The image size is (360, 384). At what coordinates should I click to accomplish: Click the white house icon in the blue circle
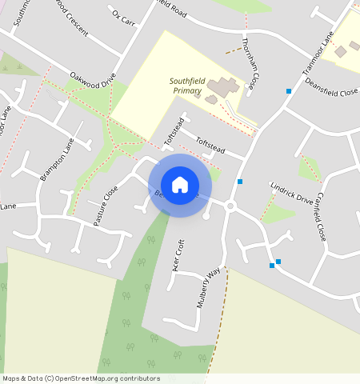180,185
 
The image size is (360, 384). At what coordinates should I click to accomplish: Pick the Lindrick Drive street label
291,196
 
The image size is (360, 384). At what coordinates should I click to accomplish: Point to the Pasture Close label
106,206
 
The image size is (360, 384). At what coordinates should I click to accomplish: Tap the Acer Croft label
179,255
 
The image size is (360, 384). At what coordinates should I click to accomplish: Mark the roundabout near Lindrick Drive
230,206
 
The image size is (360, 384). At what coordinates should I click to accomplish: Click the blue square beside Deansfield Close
288,91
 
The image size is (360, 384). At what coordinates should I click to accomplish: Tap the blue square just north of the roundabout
239,182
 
